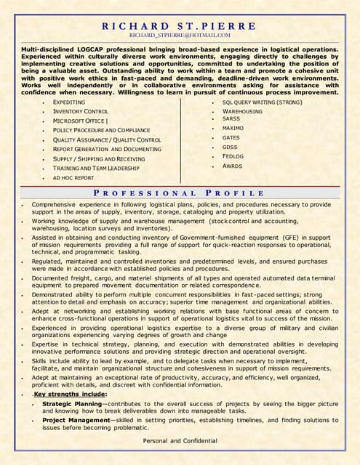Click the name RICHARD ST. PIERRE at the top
point(180,25)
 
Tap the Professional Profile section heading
point(180,193)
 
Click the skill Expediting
point(69,102)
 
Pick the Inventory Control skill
point(81,111)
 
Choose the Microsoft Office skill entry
point(80,121)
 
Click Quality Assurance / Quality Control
point(107,139)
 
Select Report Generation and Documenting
point(108,149)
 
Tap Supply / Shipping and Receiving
point(99,158)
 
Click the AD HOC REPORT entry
point(73,177)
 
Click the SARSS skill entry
point(231,118)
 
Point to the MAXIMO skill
point(233,128)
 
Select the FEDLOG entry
point(233,156)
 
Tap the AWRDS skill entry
point(232,166)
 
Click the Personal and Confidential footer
point(180,441)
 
